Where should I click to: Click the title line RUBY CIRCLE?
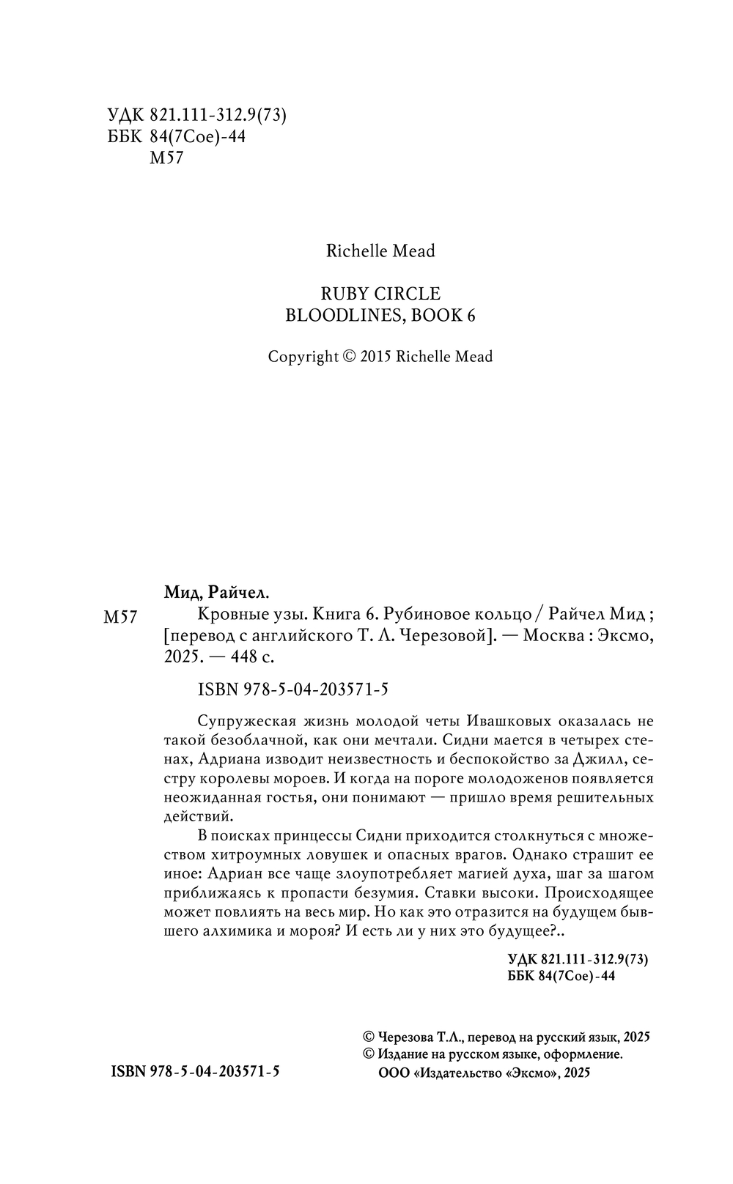(x=380, y=294)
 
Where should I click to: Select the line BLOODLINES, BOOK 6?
(x=380, y=315)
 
